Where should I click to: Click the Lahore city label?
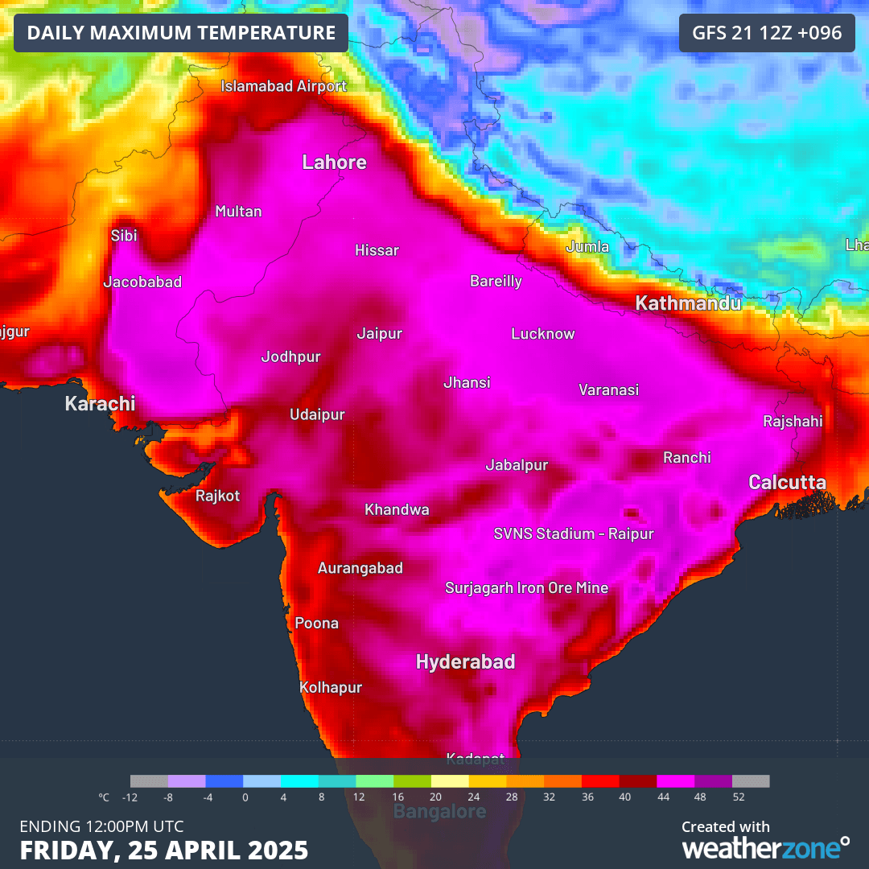coord(334,163)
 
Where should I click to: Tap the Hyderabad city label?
coord(465,662)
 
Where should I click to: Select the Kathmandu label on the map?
coord(688,303)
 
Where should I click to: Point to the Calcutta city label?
coord(787,482)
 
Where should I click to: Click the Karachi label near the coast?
coord(100,404)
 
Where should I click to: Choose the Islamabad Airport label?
coord(284,86)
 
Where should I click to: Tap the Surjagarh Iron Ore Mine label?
coord(526,588)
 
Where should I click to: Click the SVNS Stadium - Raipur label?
coord(573,533)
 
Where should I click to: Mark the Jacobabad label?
coord(142,282)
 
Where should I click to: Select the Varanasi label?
coord(608,390)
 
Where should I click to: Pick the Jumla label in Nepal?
coord(587,247)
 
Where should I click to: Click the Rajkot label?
coord(217,496)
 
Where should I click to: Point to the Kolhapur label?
coord(331,688)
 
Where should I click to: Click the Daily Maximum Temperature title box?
coord(181,33)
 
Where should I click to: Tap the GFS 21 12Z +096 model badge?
coord(767,33)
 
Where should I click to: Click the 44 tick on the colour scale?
coord(663,797)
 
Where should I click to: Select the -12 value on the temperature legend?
coord(129,797)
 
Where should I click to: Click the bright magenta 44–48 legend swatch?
coord(675,781)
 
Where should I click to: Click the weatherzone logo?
coord(764,847)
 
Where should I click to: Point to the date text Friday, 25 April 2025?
coord(163,850)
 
